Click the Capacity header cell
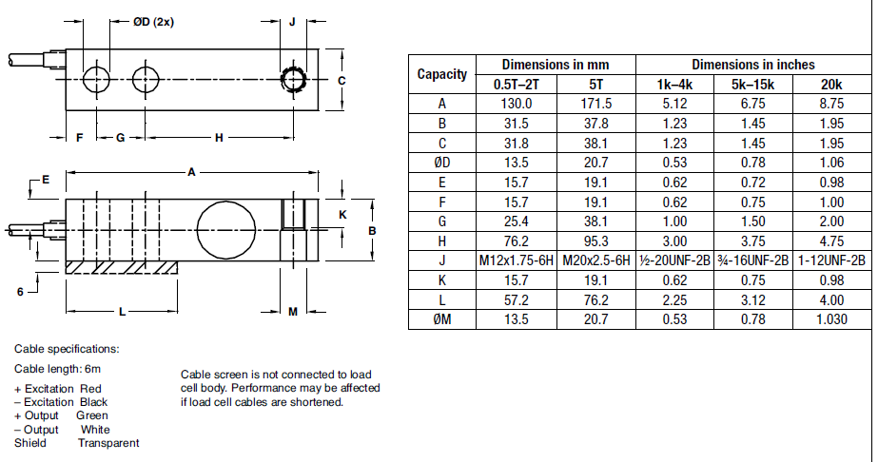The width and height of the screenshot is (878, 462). [x=442, y=74]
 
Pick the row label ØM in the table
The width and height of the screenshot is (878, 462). [x=442, y=319]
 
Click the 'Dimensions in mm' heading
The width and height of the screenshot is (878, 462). [x=556, y=65]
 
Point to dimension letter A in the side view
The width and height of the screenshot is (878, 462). [x=191, y=172]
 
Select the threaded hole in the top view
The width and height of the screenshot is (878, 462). [x=293, y=77]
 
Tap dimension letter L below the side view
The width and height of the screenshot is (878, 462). [x=123, y=311]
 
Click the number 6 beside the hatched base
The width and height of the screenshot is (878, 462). [x=20, y=292]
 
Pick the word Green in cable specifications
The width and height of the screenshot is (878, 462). [x=92, y=415]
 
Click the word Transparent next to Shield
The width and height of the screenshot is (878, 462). [x=108, y=443]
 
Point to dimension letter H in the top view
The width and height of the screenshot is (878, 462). [x=219, y=138]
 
